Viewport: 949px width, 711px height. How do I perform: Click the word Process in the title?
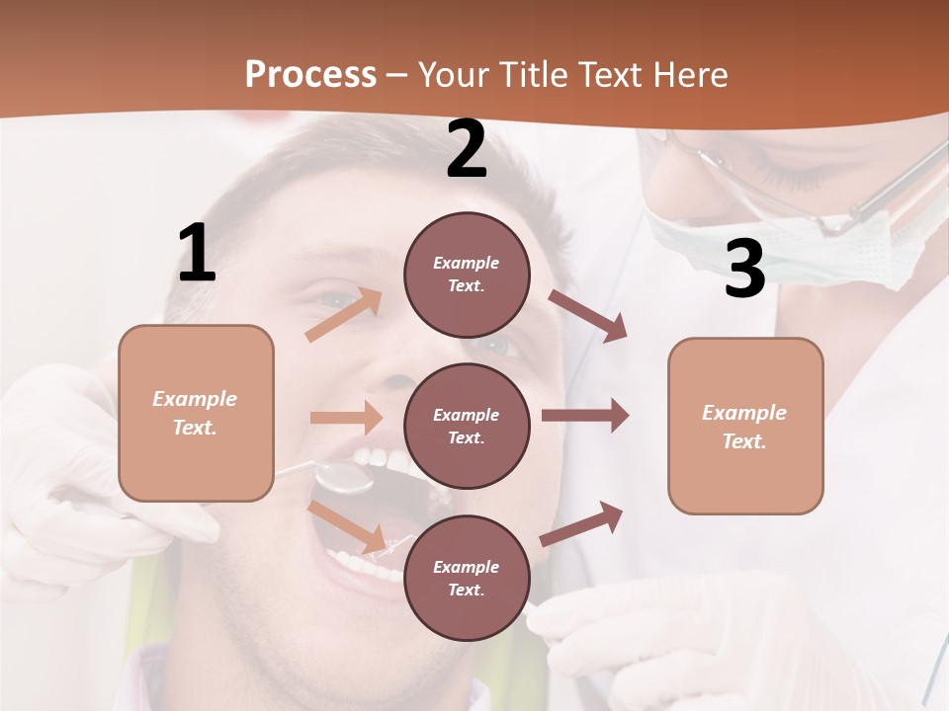pyautogui.click(x=310, y=74)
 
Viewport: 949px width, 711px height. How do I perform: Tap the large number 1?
pyautogui.click(x=197, y=254)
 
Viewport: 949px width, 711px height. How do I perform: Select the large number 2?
pyautogui.click(x=467, y=150)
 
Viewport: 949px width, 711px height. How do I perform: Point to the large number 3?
pyautogui.click(x=744, y=269)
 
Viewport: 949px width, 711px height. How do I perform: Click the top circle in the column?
pyautogui.click(x=467, y=275)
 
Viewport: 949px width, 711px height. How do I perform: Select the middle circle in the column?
pyautogui.click(x=467, y=426)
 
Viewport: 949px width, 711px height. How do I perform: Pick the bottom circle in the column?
pyautogui.click(x=467, y=578)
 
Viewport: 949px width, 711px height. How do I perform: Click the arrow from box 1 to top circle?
pyautogui.click(x=345, y=314)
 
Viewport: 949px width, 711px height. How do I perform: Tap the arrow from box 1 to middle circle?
pyautogui.click(x=346, y=418)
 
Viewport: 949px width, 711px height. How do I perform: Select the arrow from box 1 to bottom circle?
pyautogui.click(x=348, y=526)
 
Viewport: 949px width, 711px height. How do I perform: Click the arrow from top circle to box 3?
pyautogui.click(x=589, y=316)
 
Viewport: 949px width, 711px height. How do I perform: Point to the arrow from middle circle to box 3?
pyautogui.click(x=585, y=415)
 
